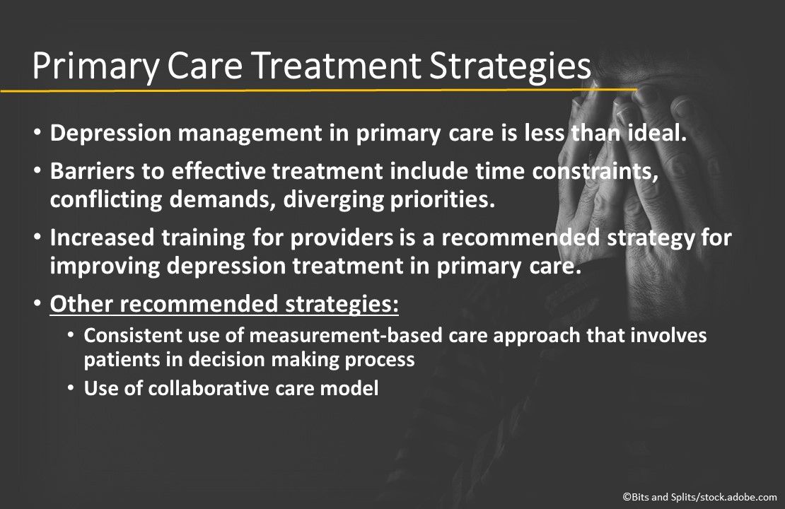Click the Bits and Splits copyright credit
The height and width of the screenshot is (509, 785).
pos(699,498)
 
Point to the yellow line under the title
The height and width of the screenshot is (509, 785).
pos(318,90)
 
